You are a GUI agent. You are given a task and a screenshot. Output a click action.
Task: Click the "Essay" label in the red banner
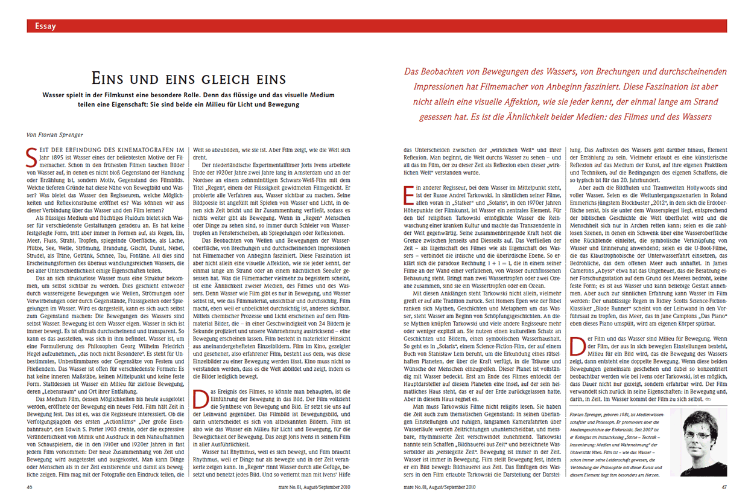pyautogui.click(x=46, y=26)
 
